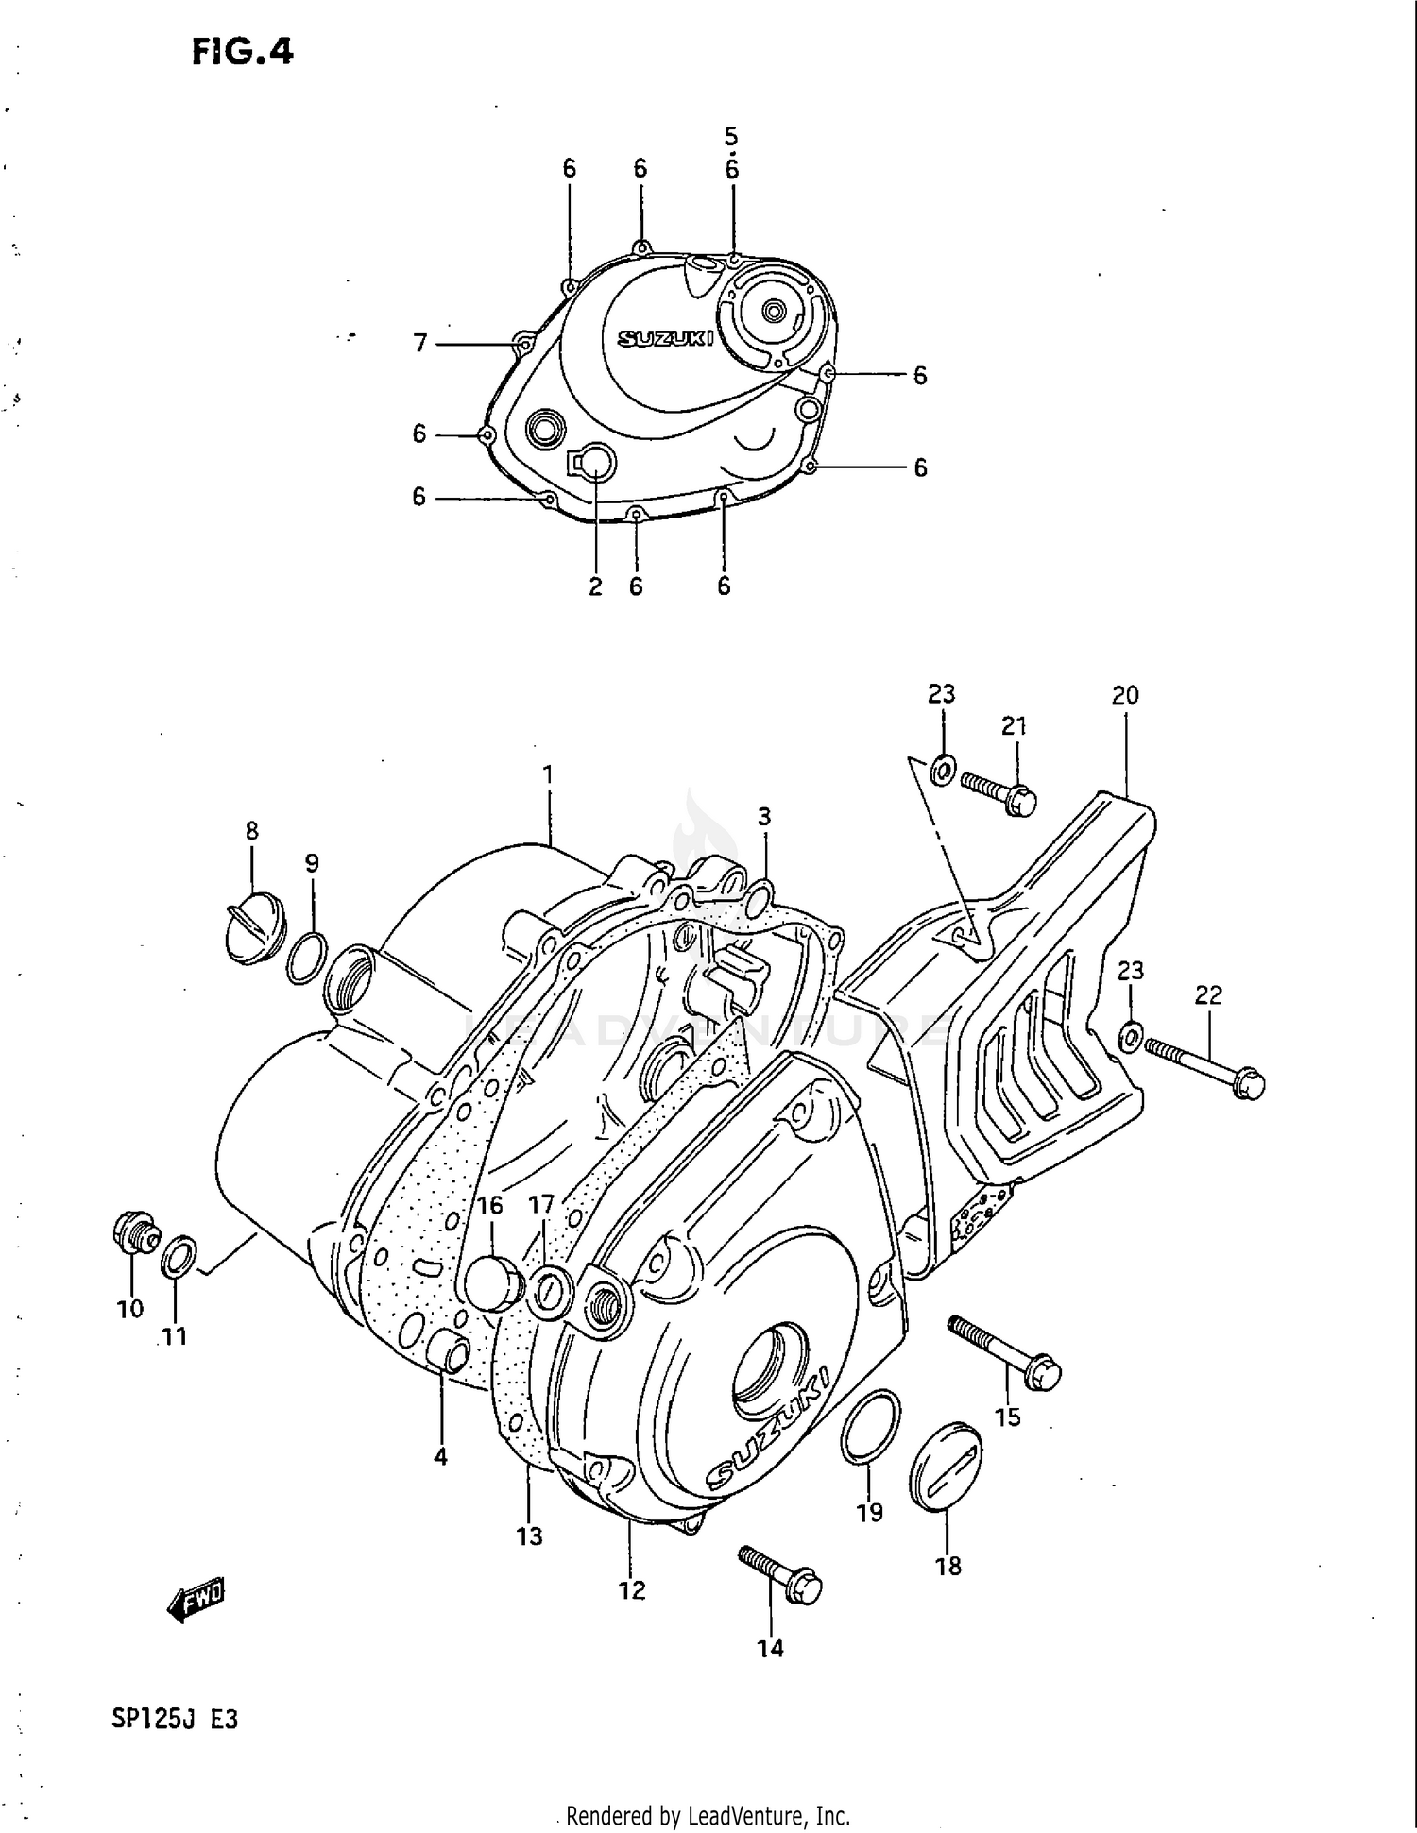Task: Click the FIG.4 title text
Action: [x=243, y=52]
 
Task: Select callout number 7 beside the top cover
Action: [x=421, y=343]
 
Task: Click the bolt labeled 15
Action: [x=1005, y=1353]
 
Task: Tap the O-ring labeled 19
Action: [x=870, y=1428]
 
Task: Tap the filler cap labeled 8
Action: [x=250, y=930]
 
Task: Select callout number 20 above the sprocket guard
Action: [x=1125, y=696]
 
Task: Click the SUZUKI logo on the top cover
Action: [x=665, y=338]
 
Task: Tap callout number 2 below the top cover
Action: [x=595, y=586]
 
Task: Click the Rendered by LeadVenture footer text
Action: [x=708, y=1815]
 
